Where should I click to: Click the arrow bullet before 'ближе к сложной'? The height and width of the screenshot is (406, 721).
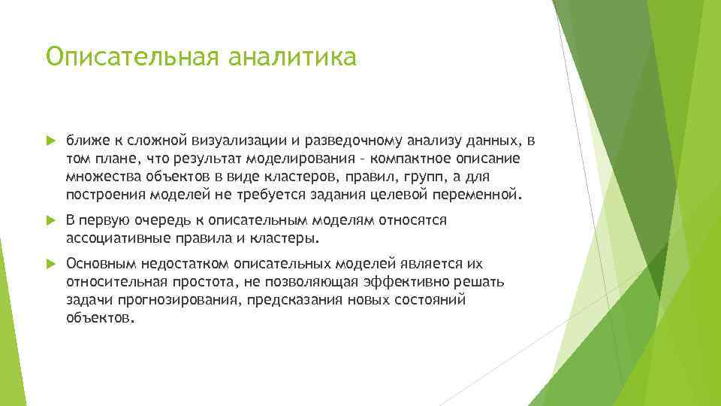50,140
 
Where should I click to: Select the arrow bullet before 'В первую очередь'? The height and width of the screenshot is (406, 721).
50,220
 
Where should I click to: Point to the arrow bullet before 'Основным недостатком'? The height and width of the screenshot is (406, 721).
50,265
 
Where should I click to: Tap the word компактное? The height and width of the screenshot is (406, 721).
411,159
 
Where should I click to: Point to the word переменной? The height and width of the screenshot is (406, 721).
477,195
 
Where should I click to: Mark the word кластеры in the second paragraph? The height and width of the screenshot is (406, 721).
288,238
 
